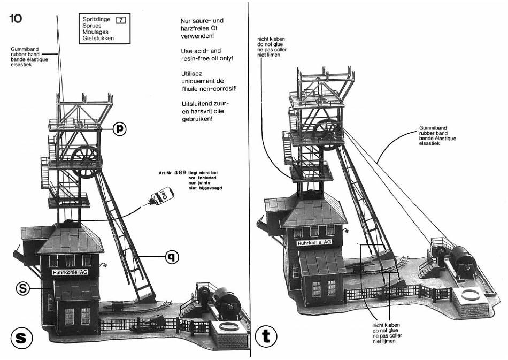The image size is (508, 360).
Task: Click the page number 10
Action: pyautogui.click(x=16, y=19)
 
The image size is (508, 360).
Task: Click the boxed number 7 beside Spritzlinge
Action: pyautogui.click(x=120, y=20)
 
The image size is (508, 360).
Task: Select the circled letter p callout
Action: pyautogui.click(x=120, y=129)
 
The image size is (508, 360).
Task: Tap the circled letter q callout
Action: pyautogui.click(x=172, y=257)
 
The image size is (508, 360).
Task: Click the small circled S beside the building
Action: pyautogui.click(x=23, y=288)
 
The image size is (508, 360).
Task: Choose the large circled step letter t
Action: pyautogui.click(x=266, y=336)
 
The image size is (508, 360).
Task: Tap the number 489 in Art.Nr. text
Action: pyautogui.click(x=180, y=173)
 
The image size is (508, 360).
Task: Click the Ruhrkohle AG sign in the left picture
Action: pyautogui.click(x=70, y=272)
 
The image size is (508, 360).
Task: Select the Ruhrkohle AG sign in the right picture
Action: pyautogui.click(x=314, y=242)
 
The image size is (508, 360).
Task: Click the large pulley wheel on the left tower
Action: pyautogui.click(x=86, y=162)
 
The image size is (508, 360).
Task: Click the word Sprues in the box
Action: pyautogui.click(x=92, y=26)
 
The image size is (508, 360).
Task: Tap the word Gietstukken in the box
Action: pyautogui.click(x=98, y=38)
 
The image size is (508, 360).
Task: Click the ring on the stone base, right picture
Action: pyautogui.click(x=470, y=295)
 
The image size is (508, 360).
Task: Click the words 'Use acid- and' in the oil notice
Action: pyautogui.click(x=201, y=51)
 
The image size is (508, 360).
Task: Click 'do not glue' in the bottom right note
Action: pyautogui.click(x=386, y=331)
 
